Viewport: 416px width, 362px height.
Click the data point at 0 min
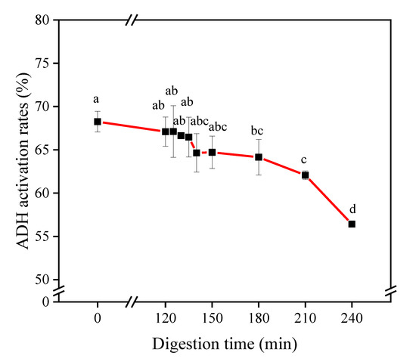pyautogui.click(x=98, y=122)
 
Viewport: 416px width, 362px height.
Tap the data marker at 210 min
pyautogui.click(x=305, y=175)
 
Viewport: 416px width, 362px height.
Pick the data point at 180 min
pyautogui.click(x=259, y=157)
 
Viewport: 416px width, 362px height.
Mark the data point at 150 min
pyautogui.click(x=212, y=152)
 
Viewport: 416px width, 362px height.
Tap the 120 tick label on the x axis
pyautogui.click(x=166, y=316)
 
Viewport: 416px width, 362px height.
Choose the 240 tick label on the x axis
pyautogui.click(x=352, y=316)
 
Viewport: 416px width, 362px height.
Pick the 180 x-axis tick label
pyautogui.click(x=259, y=316)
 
